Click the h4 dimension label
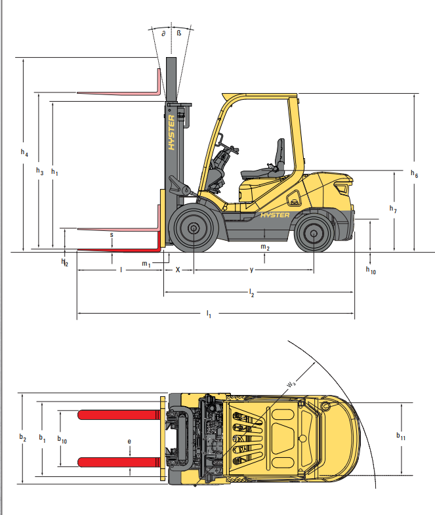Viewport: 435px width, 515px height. [24, 152]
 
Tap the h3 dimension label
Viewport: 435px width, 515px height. [40, 171]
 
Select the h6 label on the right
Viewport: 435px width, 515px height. [414, 174]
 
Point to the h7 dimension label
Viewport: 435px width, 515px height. [393, 209]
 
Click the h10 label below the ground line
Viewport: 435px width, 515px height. [371, 270]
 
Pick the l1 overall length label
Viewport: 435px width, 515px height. [209, 314]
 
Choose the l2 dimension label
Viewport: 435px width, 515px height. [251, 293]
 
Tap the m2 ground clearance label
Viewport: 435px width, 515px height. [265, 247]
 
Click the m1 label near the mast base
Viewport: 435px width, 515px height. [146, 264]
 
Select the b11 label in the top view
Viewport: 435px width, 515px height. [401, 436]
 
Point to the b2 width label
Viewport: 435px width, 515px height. [23, 438]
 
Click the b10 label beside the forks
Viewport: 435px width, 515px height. [62, 440]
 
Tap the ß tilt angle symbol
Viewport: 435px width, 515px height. [178, 33]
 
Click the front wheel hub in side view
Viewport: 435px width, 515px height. [194, 228]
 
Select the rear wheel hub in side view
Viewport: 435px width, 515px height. [314, 233]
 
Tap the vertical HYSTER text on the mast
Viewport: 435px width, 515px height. [171, 133]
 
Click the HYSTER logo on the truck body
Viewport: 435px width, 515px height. [275, 215]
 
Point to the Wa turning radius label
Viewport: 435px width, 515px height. [291, 384]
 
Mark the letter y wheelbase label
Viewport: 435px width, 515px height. [251, 270]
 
